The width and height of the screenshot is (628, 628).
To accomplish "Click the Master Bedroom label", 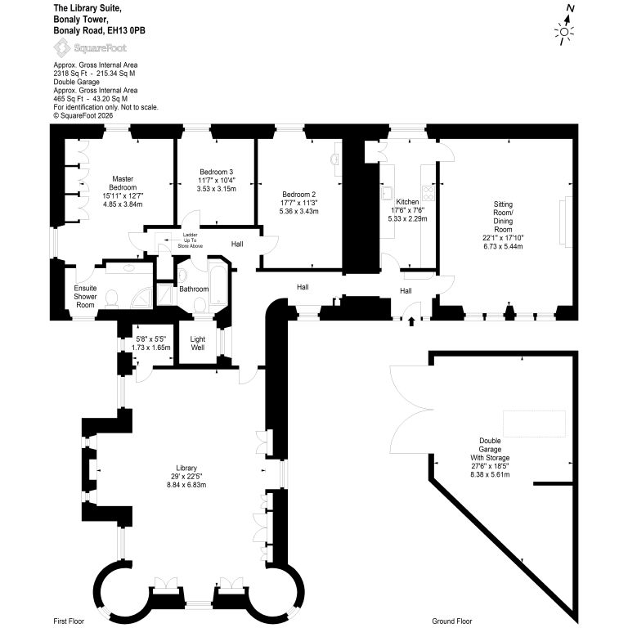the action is tap(123, 183).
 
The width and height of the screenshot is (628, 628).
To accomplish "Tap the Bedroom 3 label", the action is tap(216, 172).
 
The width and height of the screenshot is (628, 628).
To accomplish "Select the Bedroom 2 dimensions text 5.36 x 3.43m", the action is tap(298, 211).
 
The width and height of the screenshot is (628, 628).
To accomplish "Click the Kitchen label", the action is tap(407, 202).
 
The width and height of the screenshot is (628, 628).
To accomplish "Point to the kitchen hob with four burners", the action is tap(428, 194).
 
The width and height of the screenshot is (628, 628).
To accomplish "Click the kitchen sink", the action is tap(388, 193).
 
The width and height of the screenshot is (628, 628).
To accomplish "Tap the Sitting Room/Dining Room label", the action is tap(503, 217).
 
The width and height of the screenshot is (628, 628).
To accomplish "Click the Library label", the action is tap(186, 468).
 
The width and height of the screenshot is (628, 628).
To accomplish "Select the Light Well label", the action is tap(197, 343).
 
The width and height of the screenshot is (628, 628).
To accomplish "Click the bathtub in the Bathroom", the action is tap(218, 284).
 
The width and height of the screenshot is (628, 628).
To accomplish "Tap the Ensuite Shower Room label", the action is tap(85, 296).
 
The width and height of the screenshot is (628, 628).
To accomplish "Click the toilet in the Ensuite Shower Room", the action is tap(111, 298).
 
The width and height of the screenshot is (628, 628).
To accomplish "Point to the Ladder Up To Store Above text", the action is tap(191, 240).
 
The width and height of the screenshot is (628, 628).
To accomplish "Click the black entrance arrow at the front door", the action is tap(411, 321).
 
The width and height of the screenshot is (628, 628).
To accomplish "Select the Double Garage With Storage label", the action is tap(490, 449).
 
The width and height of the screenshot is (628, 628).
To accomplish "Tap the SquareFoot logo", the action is tap(90, 48).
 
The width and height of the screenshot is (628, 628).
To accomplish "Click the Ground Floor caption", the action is tap(451, 621).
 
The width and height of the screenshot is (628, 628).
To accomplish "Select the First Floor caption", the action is tap(69, 621).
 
